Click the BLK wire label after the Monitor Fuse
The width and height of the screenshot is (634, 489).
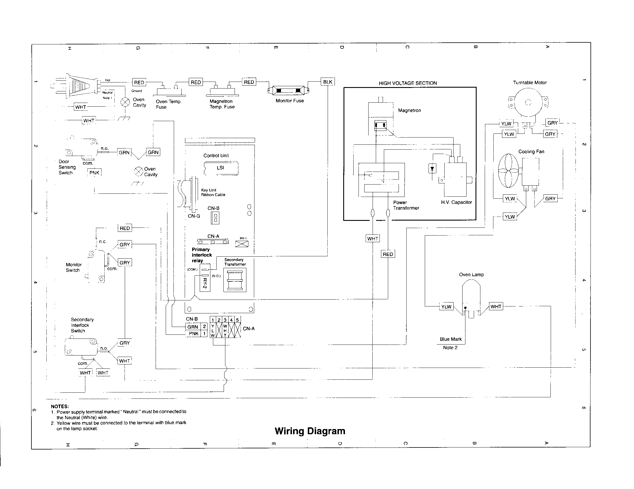pyautogui.click(x=327, y=82)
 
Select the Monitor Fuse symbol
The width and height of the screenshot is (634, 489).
pyautogui.click(x=288, y=91)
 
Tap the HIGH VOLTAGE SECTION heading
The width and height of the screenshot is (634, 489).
pyautogui.click(x=407, y=83)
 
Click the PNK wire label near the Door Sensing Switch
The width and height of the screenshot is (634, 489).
pyautogui.click(x=94, y=173)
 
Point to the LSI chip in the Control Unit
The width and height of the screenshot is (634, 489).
pyautogui.click(x=221, y=168)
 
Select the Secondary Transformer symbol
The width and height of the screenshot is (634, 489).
pyautogui.click(x=235, y=280)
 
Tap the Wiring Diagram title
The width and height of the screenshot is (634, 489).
pyautogui.click(x=310, y=431)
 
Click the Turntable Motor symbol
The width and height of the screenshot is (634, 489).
pyautogui.click(x=528, y=102)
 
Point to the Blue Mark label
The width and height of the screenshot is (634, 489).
pyautogui.click(x=450, y=339)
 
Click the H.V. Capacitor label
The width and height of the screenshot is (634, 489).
pyautogui.click(x=456, y=202)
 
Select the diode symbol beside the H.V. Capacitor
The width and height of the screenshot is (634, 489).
pyautogui.click(x=432, y=168)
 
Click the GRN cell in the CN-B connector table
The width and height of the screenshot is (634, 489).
pyautogui.click(x=193, y=327)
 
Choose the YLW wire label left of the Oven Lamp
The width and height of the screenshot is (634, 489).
pyautogui.click(x=446, y=307)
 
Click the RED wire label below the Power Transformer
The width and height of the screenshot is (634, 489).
pyautogui.click(x=388, y=254)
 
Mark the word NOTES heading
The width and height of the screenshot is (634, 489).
pyautogui.click(x=60, y=407)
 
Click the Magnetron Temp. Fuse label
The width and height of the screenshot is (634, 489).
pyautogui.click(x=222, y=104)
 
